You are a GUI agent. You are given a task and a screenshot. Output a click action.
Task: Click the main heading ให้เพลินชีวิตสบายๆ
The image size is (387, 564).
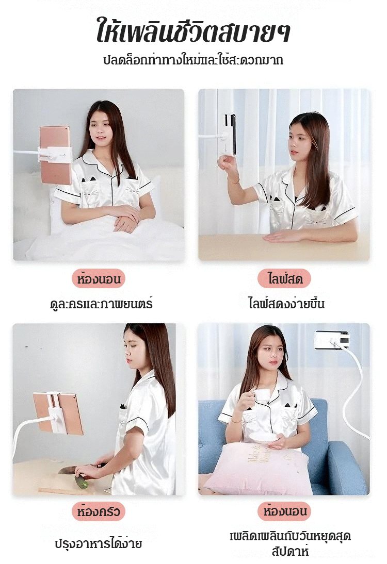[x=193, y=30]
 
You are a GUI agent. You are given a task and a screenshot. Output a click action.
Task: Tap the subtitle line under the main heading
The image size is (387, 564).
[x=193, y=59]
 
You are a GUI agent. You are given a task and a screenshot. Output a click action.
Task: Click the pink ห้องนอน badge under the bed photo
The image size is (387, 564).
[x=98, y=279]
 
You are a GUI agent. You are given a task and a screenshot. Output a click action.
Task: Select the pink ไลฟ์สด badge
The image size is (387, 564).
[x=284, y=278]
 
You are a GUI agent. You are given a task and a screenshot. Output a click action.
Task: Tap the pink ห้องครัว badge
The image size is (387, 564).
[x=98, y=511]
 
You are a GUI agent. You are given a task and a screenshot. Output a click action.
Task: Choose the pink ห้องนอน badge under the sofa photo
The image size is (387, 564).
[x=284, y=511]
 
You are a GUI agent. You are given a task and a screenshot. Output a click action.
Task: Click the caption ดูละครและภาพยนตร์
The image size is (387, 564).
[x=101, y=304]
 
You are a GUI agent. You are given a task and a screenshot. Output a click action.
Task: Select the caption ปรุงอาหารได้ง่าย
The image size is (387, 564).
[x=98, y=543]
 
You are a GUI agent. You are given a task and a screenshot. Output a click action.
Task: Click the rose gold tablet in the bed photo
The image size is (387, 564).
[x=55, y=155]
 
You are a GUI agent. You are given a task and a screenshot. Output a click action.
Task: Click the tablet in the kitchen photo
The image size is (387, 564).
[x=58, y=413]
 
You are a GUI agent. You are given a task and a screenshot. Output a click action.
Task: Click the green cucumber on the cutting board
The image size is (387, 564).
[x=81, y=482]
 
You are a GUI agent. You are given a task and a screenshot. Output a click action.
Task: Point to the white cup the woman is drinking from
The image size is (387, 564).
[x=262, y=395]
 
